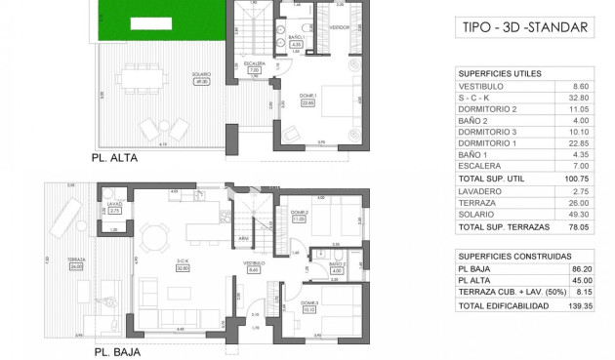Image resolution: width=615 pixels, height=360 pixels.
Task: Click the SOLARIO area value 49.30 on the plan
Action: pyautogui.click(x=203, y=81)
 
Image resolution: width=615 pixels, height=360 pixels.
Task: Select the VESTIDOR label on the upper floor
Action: pyautogui.click(x=339, y=27)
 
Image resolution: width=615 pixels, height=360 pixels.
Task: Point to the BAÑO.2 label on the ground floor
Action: pyautogui.click(x=338, y=264)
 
